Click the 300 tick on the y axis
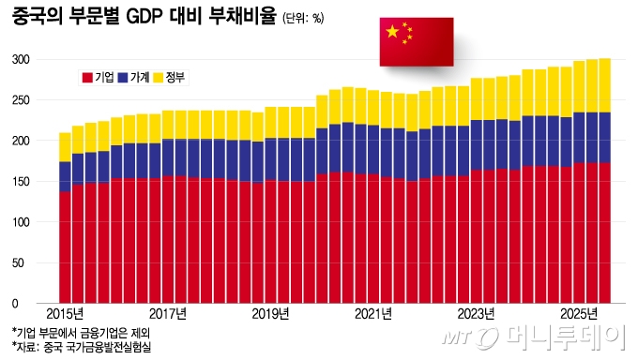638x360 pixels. [x=22, y=59]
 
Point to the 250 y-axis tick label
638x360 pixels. [x=22, y=100]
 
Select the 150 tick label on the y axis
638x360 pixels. [x=22, y=182]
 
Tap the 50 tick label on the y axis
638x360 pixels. [x=24, y=263]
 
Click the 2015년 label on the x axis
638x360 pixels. [x=65, y=313]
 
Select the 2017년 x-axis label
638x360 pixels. [x=168, y=313]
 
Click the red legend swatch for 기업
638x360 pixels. [x=88, y=78]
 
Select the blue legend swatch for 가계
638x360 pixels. [x=123, y=78]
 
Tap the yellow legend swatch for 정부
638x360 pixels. [x=158, y=78]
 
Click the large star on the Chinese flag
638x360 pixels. [x=391, y=33]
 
